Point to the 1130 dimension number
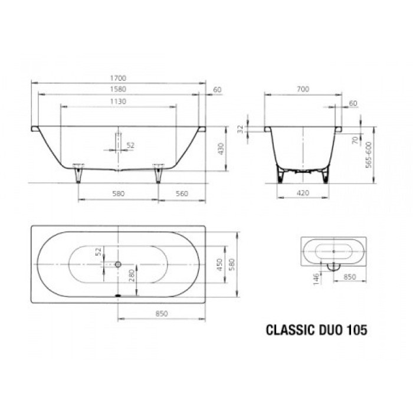coord(119,101)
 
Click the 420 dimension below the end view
coord(303,192)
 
